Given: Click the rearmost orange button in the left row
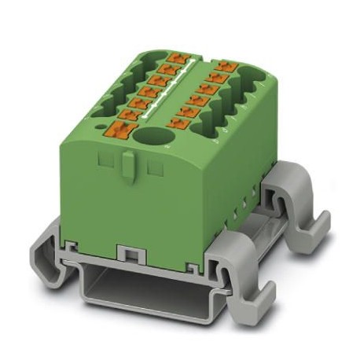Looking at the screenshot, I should [x=178, y=59].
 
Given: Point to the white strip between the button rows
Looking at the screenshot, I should [x=182, y=93].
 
